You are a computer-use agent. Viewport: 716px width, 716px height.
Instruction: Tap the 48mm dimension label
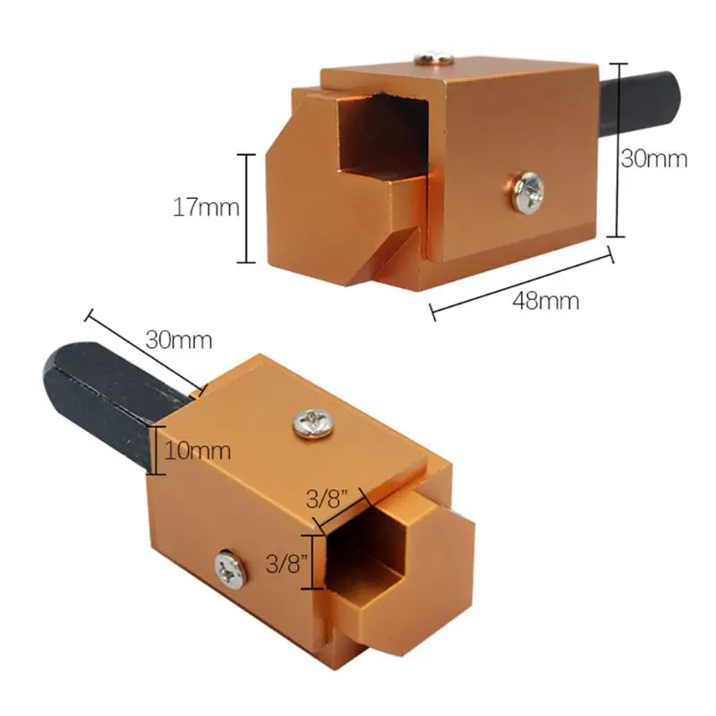pos(545,301)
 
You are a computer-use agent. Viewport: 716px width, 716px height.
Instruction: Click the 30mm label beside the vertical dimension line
pos(654,159)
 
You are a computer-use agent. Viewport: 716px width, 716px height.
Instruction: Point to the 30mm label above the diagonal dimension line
pos(179,340)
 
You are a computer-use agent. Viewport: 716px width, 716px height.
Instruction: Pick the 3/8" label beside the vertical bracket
pos(287,564)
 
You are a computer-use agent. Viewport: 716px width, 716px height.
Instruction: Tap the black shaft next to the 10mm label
pos(98,394)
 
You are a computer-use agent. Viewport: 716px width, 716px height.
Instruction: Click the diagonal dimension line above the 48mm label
pos(522,283)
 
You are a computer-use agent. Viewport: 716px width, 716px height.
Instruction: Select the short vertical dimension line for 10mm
pos(158,450)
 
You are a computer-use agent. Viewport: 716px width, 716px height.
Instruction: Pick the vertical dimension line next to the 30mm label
pos(615,149)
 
